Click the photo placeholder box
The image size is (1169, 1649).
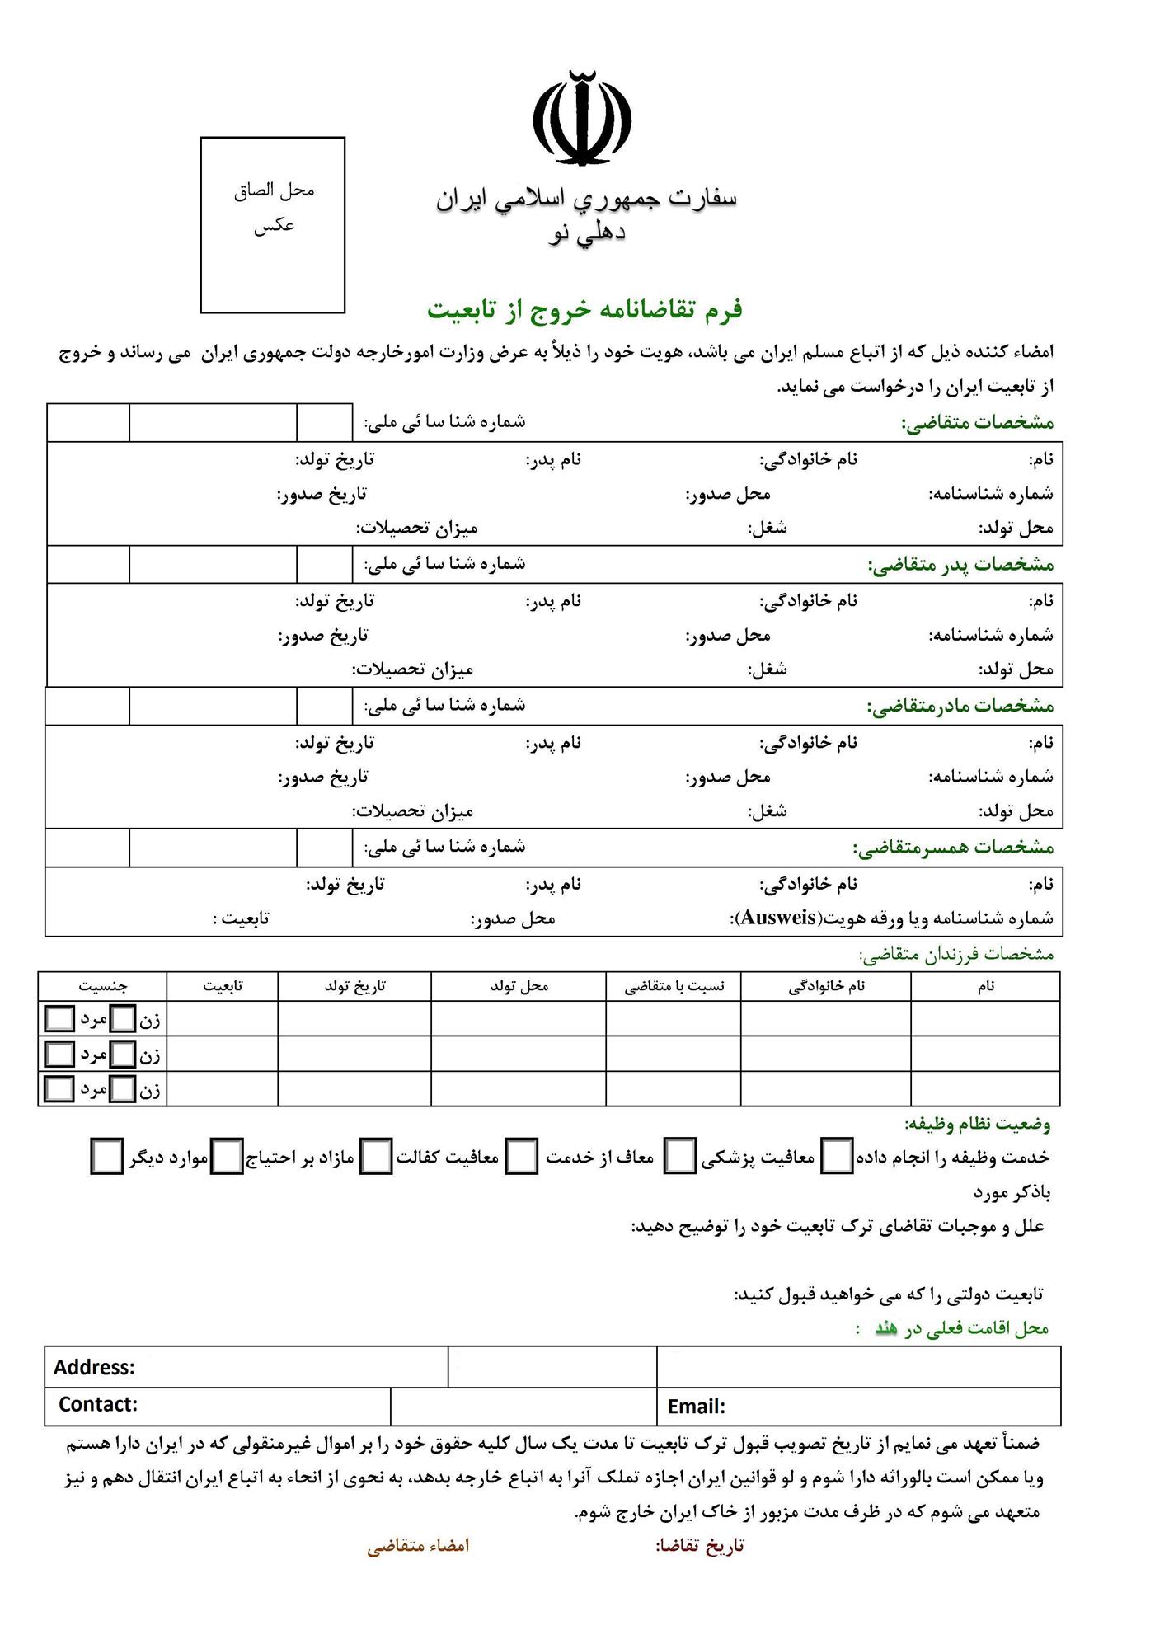(x=272, y=225)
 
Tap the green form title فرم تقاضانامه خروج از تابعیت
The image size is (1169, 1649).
(x=584, y=310)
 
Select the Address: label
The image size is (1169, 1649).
(x=94, y=1367)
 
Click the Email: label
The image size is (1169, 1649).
(x=697, y=1407)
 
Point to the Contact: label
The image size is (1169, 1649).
(x=97, y=1404)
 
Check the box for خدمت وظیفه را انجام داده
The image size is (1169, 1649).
(x=838, y=1157)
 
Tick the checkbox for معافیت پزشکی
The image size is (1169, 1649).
(x=680, y=1157)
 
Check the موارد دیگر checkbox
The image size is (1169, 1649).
(x=107, y=1157)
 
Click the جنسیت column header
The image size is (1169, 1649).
(x=103, y=986)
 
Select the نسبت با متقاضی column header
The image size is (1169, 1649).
(x=674, y=986)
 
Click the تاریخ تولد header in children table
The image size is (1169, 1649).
(x=354, y=986)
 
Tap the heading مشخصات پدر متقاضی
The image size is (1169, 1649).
(x=960, y=565)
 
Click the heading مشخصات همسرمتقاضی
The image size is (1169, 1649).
(x=953, y=848)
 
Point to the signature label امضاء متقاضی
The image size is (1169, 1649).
(x=418, y=1546)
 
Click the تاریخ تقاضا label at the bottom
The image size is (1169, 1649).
(x=700, y=1546)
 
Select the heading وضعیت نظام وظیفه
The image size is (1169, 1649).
(x=977, y=1123)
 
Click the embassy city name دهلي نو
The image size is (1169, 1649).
(x=587, y=234)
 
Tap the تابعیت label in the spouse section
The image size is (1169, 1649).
(x=241, y=918)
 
